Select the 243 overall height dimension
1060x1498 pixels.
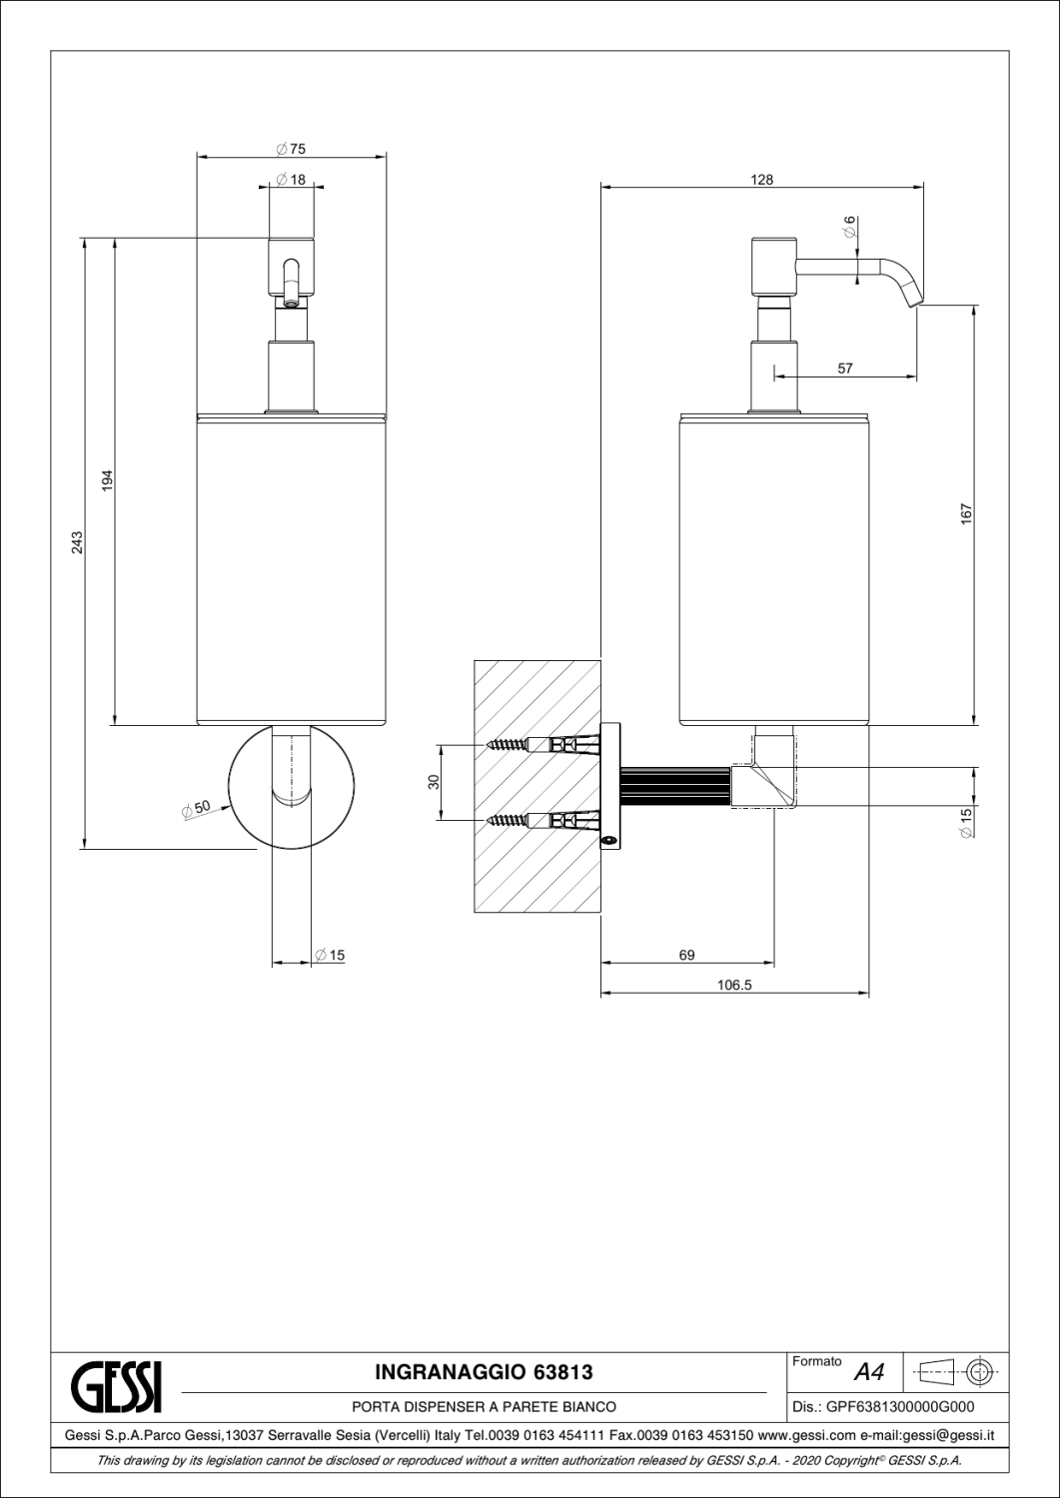tap(78, 542)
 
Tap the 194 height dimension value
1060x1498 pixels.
tap(107, 481)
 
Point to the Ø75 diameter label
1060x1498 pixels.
tap(291, 149)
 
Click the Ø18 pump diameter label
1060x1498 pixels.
tap(291, 179)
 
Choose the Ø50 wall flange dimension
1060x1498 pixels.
tap(196, 808)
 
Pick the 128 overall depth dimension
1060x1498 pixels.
tap(761, 179)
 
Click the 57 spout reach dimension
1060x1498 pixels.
tap(845, 369)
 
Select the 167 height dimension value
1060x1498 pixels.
tap(966, 513)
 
